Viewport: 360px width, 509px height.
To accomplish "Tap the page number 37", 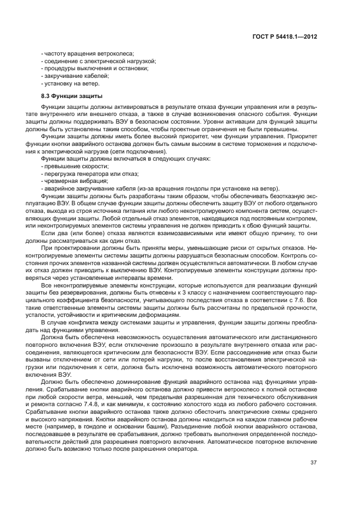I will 313,463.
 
